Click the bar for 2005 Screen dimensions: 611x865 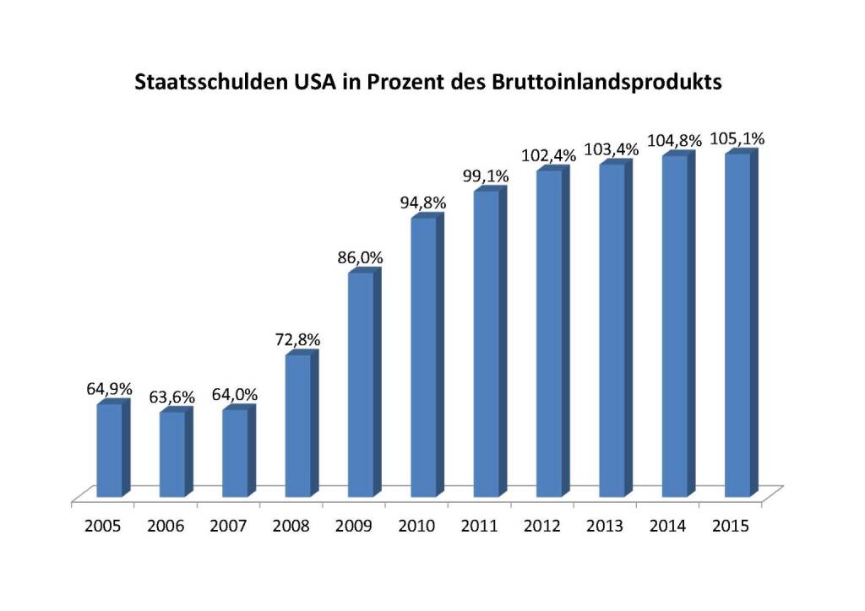pos(110,451)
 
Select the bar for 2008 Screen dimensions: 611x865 pos(298,425)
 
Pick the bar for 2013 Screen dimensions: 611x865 pos(612,330)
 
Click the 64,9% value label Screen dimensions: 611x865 pos(110,390)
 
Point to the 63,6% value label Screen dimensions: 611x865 pos(171,397)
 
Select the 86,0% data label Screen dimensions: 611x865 pos(360,259)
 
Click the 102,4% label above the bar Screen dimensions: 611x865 pos(550,155)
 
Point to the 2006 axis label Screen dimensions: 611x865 pos(166,526)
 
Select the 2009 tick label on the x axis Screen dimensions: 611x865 pos(354,526)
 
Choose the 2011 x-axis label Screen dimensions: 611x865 pos(480,526)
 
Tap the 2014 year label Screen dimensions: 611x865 pos(668,526)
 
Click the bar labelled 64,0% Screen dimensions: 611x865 pos(235,453)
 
